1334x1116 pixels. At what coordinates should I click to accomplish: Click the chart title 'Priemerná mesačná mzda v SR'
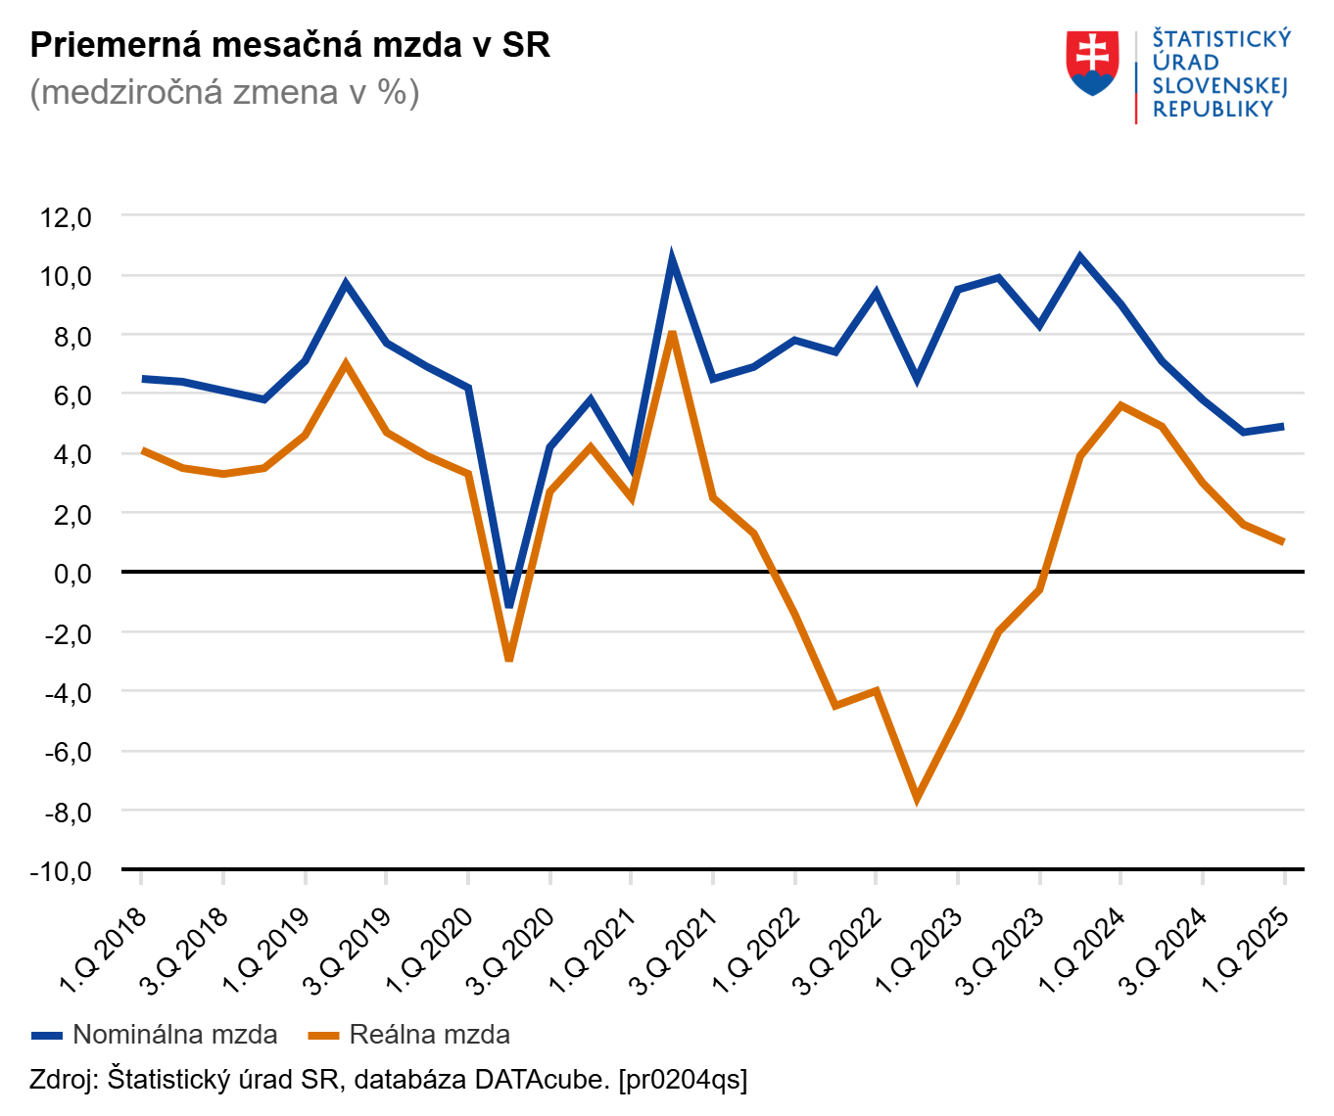(290, 45)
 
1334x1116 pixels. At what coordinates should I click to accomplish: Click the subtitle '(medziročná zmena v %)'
(224, 92)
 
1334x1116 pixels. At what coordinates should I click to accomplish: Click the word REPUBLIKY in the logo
(1213, 110)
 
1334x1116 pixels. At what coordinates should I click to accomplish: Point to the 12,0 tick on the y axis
(66, 216)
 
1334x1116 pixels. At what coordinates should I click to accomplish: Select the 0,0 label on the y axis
(71, 573)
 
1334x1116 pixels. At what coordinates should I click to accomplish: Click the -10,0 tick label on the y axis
(61, 870)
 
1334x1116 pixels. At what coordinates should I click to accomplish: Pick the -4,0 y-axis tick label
(66, 692)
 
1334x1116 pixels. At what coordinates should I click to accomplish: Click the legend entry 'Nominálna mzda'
(174, 1035)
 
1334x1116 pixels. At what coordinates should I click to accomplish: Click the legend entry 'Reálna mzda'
(429, 1035)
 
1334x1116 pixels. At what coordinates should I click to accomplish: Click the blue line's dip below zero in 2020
(509, 604)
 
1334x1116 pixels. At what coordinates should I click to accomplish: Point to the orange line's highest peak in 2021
(672, 335)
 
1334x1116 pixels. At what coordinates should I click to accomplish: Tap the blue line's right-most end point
(1283, 427)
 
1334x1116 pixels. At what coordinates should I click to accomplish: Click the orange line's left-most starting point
(143, 450)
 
